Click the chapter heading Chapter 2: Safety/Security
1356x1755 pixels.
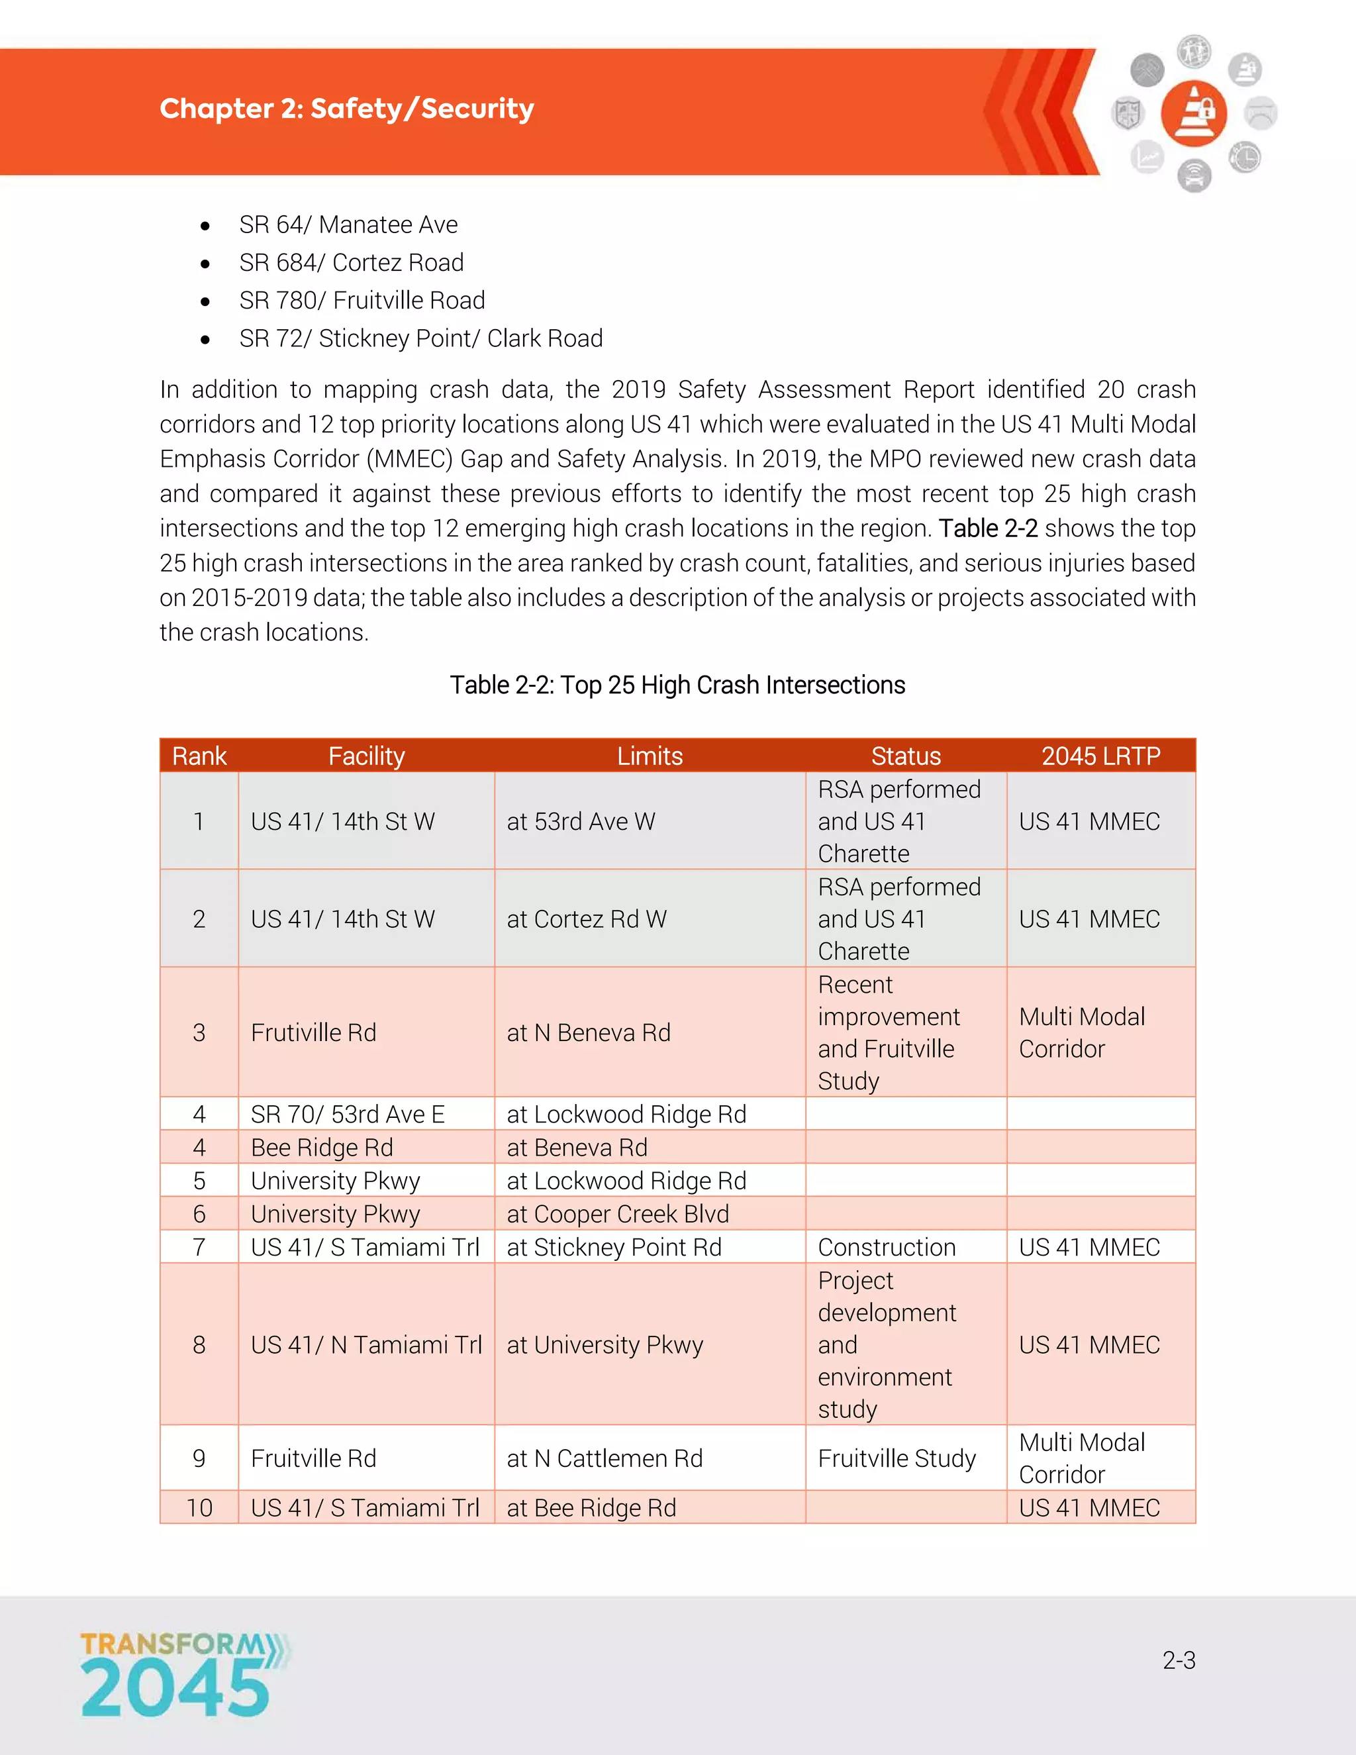(346, 109)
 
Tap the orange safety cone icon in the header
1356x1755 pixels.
(1194, 113)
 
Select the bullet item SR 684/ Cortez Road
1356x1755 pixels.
(351, 263)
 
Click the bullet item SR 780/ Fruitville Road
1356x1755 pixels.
(362, 301)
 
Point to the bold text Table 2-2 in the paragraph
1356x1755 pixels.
(988, 528)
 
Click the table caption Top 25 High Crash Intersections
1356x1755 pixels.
(677, 685)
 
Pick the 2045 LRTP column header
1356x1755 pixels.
(1100, 756)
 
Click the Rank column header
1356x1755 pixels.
(199, 756)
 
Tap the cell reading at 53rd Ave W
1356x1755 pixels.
(581, 821)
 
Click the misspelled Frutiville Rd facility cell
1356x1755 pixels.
(313, 1032)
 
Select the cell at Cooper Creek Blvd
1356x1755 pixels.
(617, 1213)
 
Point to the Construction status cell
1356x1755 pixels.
(886, 1247)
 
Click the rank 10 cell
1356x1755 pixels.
(199, 1507)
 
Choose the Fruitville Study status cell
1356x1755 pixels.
(896, 1458)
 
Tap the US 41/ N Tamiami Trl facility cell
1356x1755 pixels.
(365, 1344)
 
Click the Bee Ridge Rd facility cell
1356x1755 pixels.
(321, 1148)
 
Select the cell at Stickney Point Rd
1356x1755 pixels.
(614, 1247)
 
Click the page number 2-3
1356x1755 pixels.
(1179, 1660)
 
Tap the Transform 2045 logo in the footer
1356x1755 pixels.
(183, 1675)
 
